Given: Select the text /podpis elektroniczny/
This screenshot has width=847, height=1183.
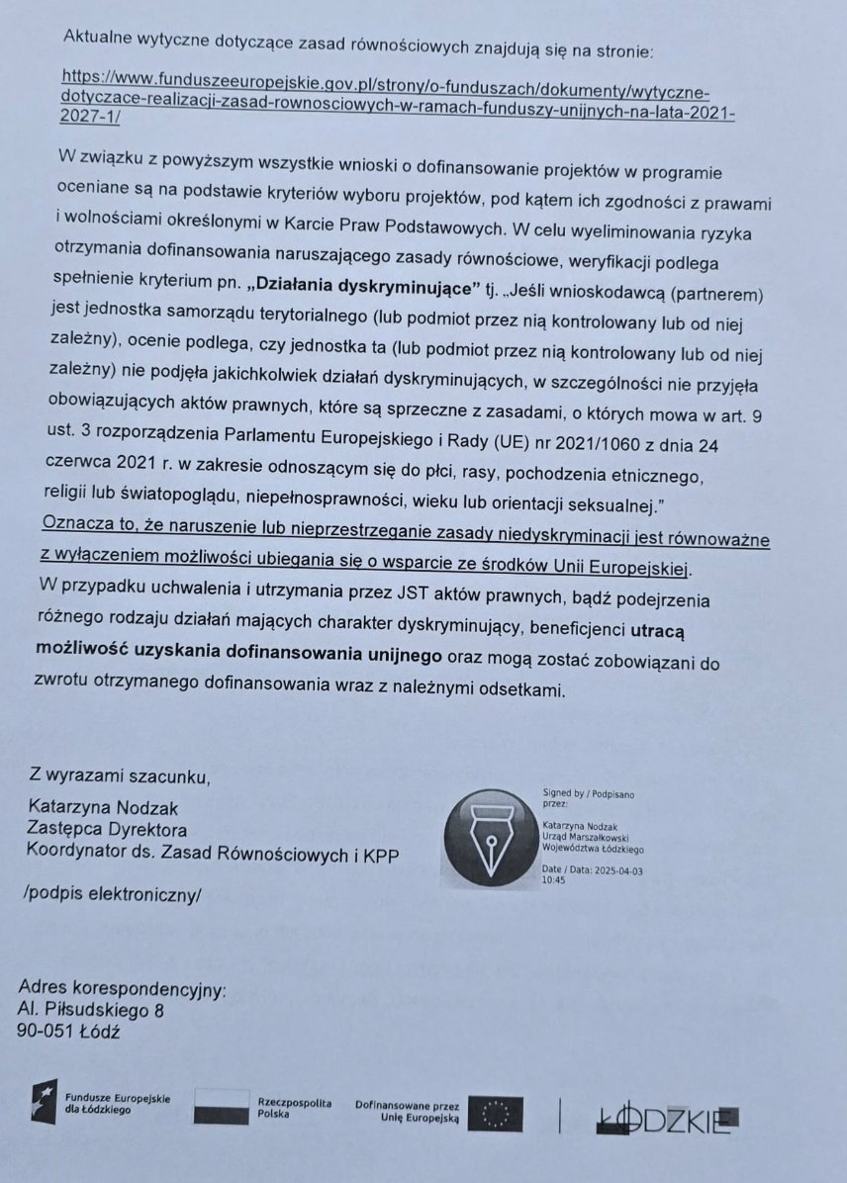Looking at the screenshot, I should coord(111,895).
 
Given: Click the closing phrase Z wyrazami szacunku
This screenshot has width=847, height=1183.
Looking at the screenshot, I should coord(120,775).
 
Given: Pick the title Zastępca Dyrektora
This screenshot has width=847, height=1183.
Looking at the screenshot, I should coord(108,830).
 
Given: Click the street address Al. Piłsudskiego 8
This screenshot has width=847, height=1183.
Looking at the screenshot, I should coord(91,1010).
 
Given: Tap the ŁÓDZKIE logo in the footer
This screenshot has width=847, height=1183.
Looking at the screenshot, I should coord(664,1119).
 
